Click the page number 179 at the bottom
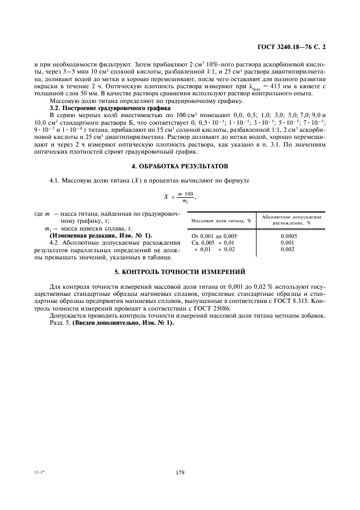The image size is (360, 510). click(x=180, y=472)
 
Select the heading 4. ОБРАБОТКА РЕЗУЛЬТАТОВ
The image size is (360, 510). click(x=180, y=165)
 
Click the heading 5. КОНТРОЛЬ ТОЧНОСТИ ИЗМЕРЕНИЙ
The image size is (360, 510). click(x=180, y=271)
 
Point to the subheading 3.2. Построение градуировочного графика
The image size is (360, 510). click(x=106, y=108)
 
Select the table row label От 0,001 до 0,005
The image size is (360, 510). click(x=215, y=235)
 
